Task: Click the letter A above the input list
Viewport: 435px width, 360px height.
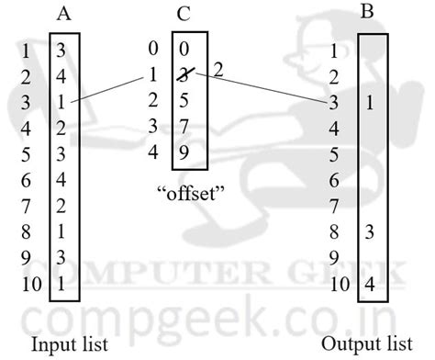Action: click(64, 14)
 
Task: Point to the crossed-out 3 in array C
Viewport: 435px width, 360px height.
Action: click(187, 73)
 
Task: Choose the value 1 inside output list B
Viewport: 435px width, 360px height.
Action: click(369, 103)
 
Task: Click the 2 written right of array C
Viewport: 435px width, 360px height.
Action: click(217, 70)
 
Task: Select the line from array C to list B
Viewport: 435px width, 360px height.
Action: click(266, 88)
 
